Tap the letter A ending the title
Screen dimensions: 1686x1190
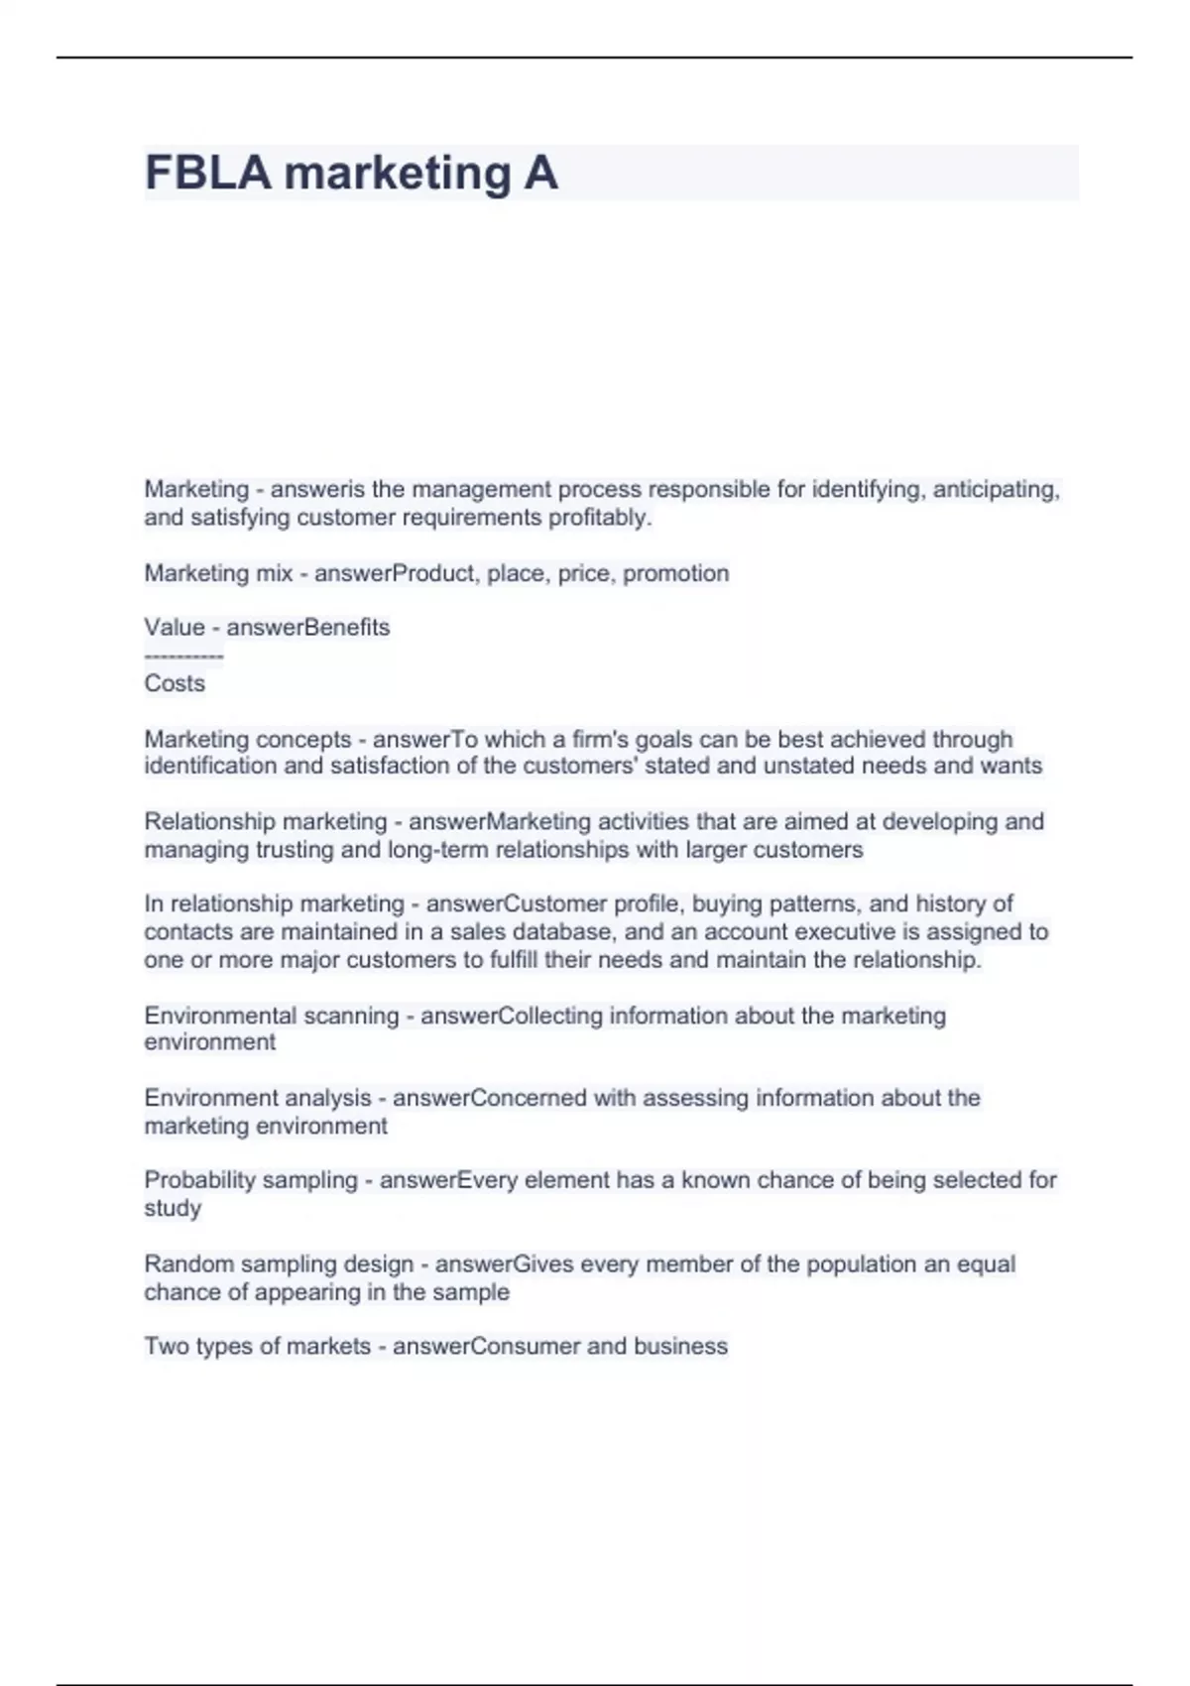coord(540,174)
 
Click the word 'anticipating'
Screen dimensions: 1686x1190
coord(997,490)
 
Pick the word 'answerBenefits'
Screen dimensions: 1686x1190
coord(308,628)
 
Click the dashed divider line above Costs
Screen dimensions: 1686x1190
coord(183,656)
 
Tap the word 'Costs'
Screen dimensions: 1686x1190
coord(175,683)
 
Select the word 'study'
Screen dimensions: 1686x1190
coord(173,1208)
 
